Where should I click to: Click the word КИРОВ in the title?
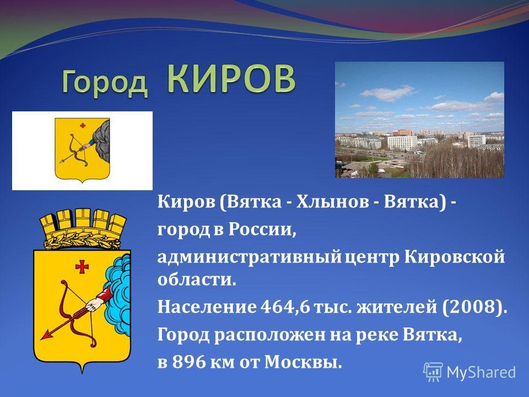pyautogui.click(x=231, y=79)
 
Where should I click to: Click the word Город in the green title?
pyautogui.click(x=105, y=82)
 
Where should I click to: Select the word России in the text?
pyautogui.click(x=262, y=229)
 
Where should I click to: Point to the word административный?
pyautogui.click(x=249, y=257)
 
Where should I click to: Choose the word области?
pyautogui.click(x=196, y=280)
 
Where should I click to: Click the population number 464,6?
pyautogui.click(x=285, y=307)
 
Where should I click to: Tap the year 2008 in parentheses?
pyautogui.click(x=471, y=307)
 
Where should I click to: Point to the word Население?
pyautogui.click(x=207, y=307)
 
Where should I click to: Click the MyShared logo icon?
pyautogui.click(x=433, y=372)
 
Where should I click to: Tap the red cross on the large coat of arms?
pyautogui.click(x=82, y=267)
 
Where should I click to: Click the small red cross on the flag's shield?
pyautogui.click(x=83, y=126)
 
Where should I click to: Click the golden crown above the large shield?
pyautogui.click(x=83, y=229)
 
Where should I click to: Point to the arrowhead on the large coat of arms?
pyautogui.click(x=46, y=335)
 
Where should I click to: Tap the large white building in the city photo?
pyautogui.click(x=402, y=143)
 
